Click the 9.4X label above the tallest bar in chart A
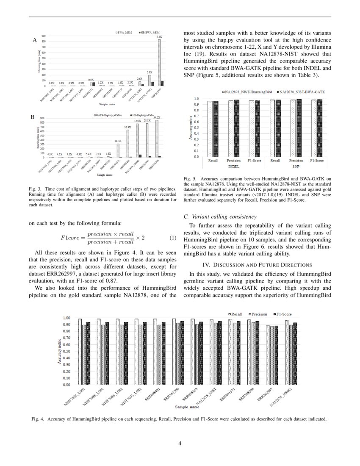click(x=159, y=37)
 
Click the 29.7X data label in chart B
click(x=118, y=141)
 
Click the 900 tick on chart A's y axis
click(x=44, y=36)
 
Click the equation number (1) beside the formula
click(x=172, y=238)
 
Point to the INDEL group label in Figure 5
click(x=234, y=167)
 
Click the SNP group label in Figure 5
click(x=296, y=167)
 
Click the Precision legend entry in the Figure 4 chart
click(x=258, y=314)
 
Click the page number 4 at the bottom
click(x=180, y=444)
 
